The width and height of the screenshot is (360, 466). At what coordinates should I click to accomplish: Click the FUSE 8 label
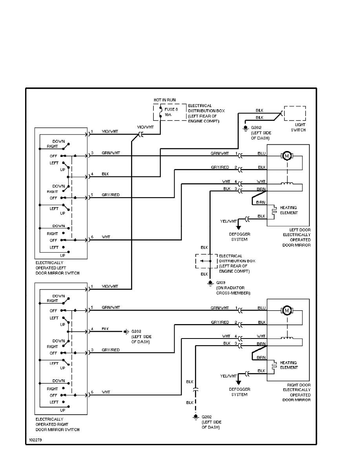[x=171, y=109]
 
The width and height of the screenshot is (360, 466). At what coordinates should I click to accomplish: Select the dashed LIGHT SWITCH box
[x=295, y=113]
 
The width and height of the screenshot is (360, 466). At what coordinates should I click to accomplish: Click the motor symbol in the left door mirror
[x=286, y=156]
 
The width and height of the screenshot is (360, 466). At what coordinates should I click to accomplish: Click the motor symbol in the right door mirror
[x=286, y=311]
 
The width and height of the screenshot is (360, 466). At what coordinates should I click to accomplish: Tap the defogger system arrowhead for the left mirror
[x=238, y=228]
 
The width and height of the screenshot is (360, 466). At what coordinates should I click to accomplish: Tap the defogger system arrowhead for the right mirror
[x=238, y=382]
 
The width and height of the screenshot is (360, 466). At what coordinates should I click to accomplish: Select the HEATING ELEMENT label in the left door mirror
[x=289, y=210]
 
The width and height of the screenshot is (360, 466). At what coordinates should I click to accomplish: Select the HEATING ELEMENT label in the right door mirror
[x=289, y=365]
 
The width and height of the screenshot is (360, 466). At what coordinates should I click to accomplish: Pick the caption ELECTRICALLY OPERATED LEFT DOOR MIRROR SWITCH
[x=57, y=268]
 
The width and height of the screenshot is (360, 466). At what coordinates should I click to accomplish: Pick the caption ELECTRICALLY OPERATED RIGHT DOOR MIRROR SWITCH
[x=57, y=424]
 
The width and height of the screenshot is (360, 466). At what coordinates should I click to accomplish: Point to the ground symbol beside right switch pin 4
[x=126, y=331]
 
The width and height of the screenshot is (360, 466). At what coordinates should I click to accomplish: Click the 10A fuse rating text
[x=168, y=115]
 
